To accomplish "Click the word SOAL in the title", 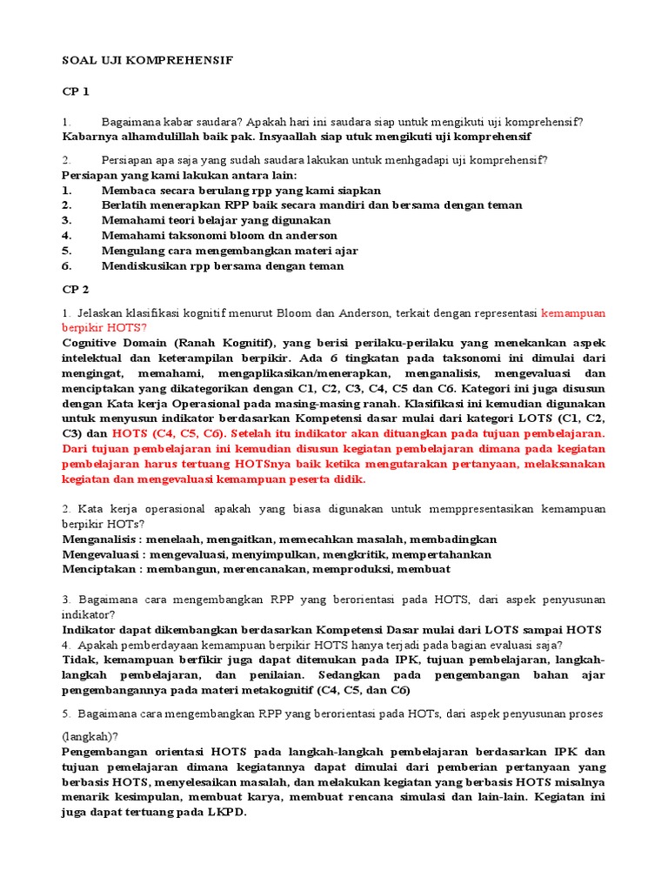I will tap(77, 60).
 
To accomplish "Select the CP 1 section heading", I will tap(75, 90).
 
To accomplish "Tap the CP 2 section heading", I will tap(75, 289).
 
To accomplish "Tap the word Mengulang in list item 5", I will tap(132, 251).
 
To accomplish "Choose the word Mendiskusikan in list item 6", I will tap(144, 265).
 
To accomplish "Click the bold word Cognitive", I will tap(91, 342).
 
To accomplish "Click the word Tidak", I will tap(77, 660).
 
